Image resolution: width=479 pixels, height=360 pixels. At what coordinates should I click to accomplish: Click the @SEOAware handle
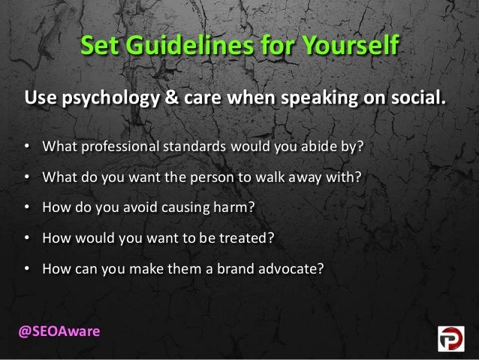coord(54,331)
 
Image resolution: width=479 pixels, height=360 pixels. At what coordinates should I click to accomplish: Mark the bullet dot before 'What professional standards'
coord(26,144)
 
